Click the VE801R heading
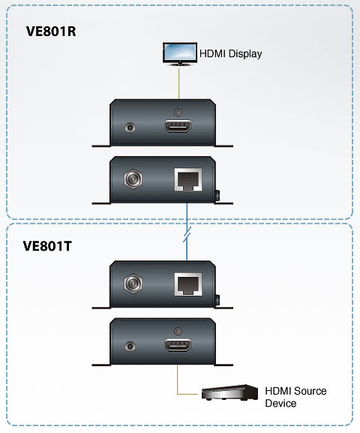[51, 32]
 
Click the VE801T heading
[47, 246]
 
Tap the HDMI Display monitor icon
[180, 54]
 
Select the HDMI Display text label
[230, 53]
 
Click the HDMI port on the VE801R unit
[178, 126]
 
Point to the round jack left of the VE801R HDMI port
[130, 128]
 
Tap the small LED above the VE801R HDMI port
[178, 113]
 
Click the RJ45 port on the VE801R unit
[188, 179]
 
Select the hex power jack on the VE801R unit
[133, 179]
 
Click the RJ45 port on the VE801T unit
[188, 284]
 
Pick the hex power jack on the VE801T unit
[133, 284]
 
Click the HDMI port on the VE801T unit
[178, 344]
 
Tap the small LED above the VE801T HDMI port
[178, 331]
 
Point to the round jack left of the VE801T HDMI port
[130, 346]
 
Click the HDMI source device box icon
[229, 392]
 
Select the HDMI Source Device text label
[295, 397]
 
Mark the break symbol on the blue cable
[187, 235]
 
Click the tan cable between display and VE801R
[179, 83]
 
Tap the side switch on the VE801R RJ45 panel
[217, 195]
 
